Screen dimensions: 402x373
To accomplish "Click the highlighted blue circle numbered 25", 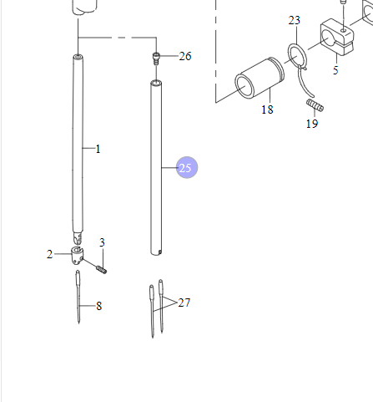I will (x=185, y=168).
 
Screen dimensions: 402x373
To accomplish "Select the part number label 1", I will (x=98, y=150).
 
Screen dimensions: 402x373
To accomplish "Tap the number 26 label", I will (x=185, y=57).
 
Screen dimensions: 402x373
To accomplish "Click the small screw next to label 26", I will (x=156, y=57).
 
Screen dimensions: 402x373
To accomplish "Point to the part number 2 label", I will (x=49, y=253).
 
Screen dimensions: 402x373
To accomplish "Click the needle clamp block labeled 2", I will (x=77, y=255).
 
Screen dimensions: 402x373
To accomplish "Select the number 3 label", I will (x=102, y=242).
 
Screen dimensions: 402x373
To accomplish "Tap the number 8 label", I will (x=98, y=307).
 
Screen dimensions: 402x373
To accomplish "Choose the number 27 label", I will (x=184, y=303).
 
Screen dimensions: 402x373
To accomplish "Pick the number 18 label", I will (x=267, y=109).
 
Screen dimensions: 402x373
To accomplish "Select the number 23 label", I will (x=294, y=20).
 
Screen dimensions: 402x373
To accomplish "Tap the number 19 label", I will (x=311, y=124).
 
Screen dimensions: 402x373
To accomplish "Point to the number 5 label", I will (x=335, y=71).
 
